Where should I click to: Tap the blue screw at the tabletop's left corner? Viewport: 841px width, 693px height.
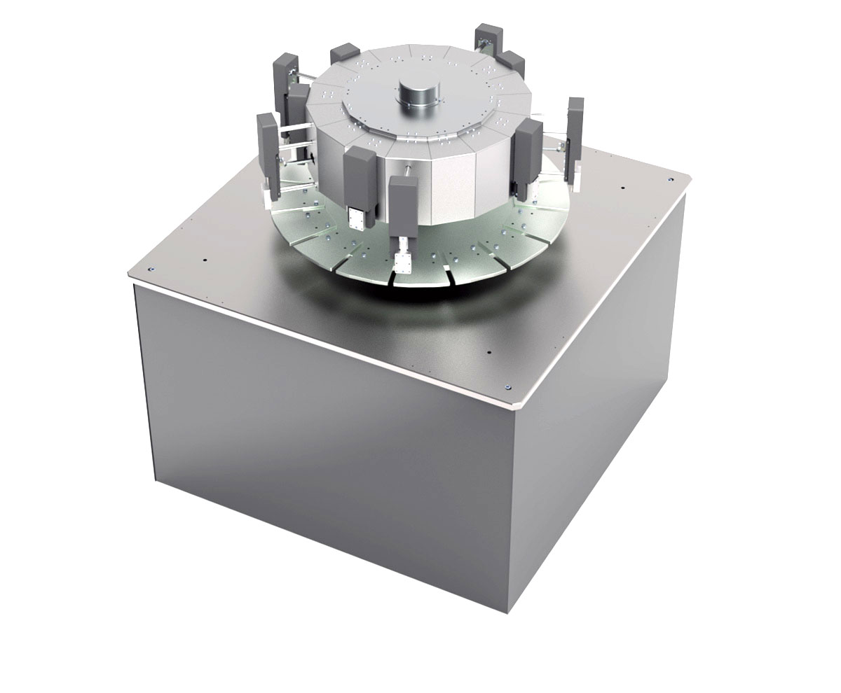pyautogui.click(x=150, y=267)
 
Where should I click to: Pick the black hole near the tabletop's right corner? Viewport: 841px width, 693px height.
pyautogui.click(x=622, y=187)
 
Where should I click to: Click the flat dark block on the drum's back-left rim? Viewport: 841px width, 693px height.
pyautogui.click(x=344, y=52)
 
